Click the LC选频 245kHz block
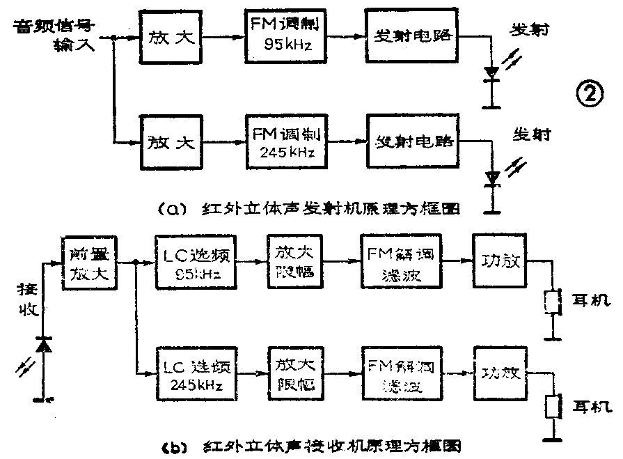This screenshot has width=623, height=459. click(x=196, y=375)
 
